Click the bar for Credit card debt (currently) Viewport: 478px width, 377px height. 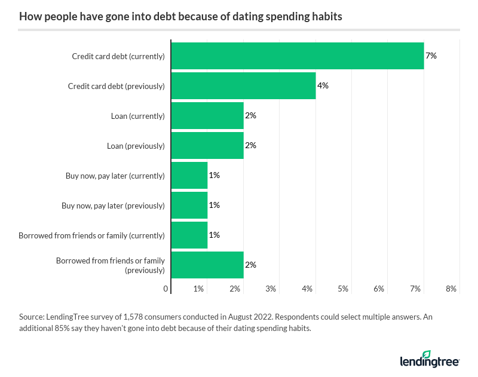[x=298, y=56]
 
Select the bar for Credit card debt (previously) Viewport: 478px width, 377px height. [x=243, y=86]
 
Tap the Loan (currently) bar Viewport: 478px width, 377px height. [x=207, y=116]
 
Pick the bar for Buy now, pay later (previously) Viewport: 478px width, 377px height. [x=189, y=206]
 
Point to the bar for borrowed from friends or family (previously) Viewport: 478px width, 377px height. [x=207, y=265]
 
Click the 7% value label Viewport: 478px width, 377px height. [x=431, y=56]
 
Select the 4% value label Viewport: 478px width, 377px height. [x=323, y=85]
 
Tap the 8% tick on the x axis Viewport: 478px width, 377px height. [x=451, y=289]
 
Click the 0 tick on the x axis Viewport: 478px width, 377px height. [x=166, y=289]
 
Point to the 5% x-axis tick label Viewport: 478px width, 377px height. [x=343, y=289]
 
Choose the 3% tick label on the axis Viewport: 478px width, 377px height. [x=271, y=289]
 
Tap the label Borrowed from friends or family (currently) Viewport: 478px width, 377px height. [x=91, y=235]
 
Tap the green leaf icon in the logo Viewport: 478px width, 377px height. [x=426, y=354]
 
